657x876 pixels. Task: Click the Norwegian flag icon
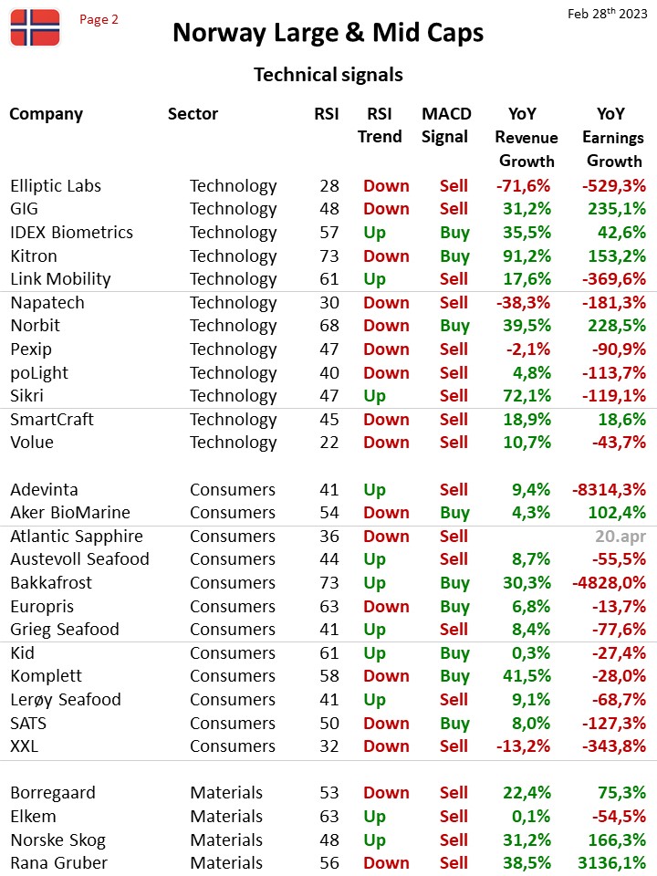pyautogui.click(x=35, y=27)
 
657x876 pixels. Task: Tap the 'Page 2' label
pyautogui.click(x=99, y=19)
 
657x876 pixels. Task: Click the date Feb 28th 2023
pyautogui.click(x=608, y=13)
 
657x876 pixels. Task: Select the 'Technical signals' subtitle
pyautogui.click(x=328, y=75)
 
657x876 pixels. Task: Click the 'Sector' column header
pyautogui.click(x=193, y=113)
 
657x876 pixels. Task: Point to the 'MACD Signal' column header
pyautogui.click(x=446, y=125)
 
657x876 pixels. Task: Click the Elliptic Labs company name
pyautogui.click(x=56, y=185)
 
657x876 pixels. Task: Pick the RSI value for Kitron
pyautogui.click(x=329, y=255)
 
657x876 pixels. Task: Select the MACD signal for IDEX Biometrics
pyautogui.click(x=454, y=233)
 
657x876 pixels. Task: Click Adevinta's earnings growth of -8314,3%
pyautogui.click(x=609, y=489)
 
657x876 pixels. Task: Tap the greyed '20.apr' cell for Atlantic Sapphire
pyautogui.click(x=620, y=537)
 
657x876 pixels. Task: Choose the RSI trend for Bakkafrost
pyautogui.click(x=374, y=583)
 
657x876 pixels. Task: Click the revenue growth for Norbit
pyautogui.click(x=527, y=326)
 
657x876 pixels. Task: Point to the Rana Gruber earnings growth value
pyautogui.click(x=611, y=862)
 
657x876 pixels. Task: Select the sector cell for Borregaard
pyautogui.click(x=226, y=792)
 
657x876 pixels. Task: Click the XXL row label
pyautogui.click(x=25, y=746)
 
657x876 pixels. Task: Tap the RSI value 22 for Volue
pyautogui.click(x=329, y=443)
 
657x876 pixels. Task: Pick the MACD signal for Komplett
pyautogui.click(x=454, y=676)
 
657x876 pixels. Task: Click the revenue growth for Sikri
pyautogui.click(x=527, y=395)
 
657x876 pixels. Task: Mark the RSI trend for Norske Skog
pyautogui.click(x=374, y=839)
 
